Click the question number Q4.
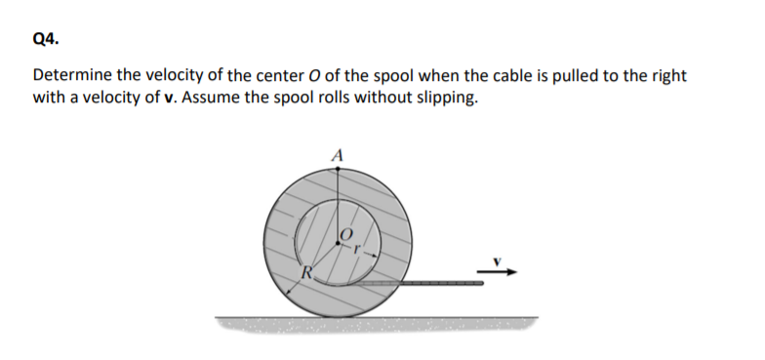(45, 39)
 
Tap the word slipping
(447, 99)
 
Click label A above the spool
(338, 153)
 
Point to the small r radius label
(358, 249)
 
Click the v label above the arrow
(495, 260)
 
